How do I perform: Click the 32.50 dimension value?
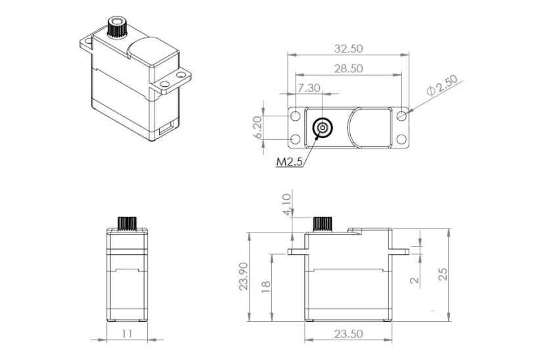348,49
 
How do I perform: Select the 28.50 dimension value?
348,69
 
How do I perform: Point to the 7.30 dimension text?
309,88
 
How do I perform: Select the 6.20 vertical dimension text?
258,127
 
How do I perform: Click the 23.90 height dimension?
244,277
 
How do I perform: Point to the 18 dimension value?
266,287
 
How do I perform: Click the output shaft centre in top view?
322,127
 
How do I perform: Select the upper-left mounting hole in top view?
296,116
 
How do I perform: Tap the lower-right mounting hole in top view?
402,139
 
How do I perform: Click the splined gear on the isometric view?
116,29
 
